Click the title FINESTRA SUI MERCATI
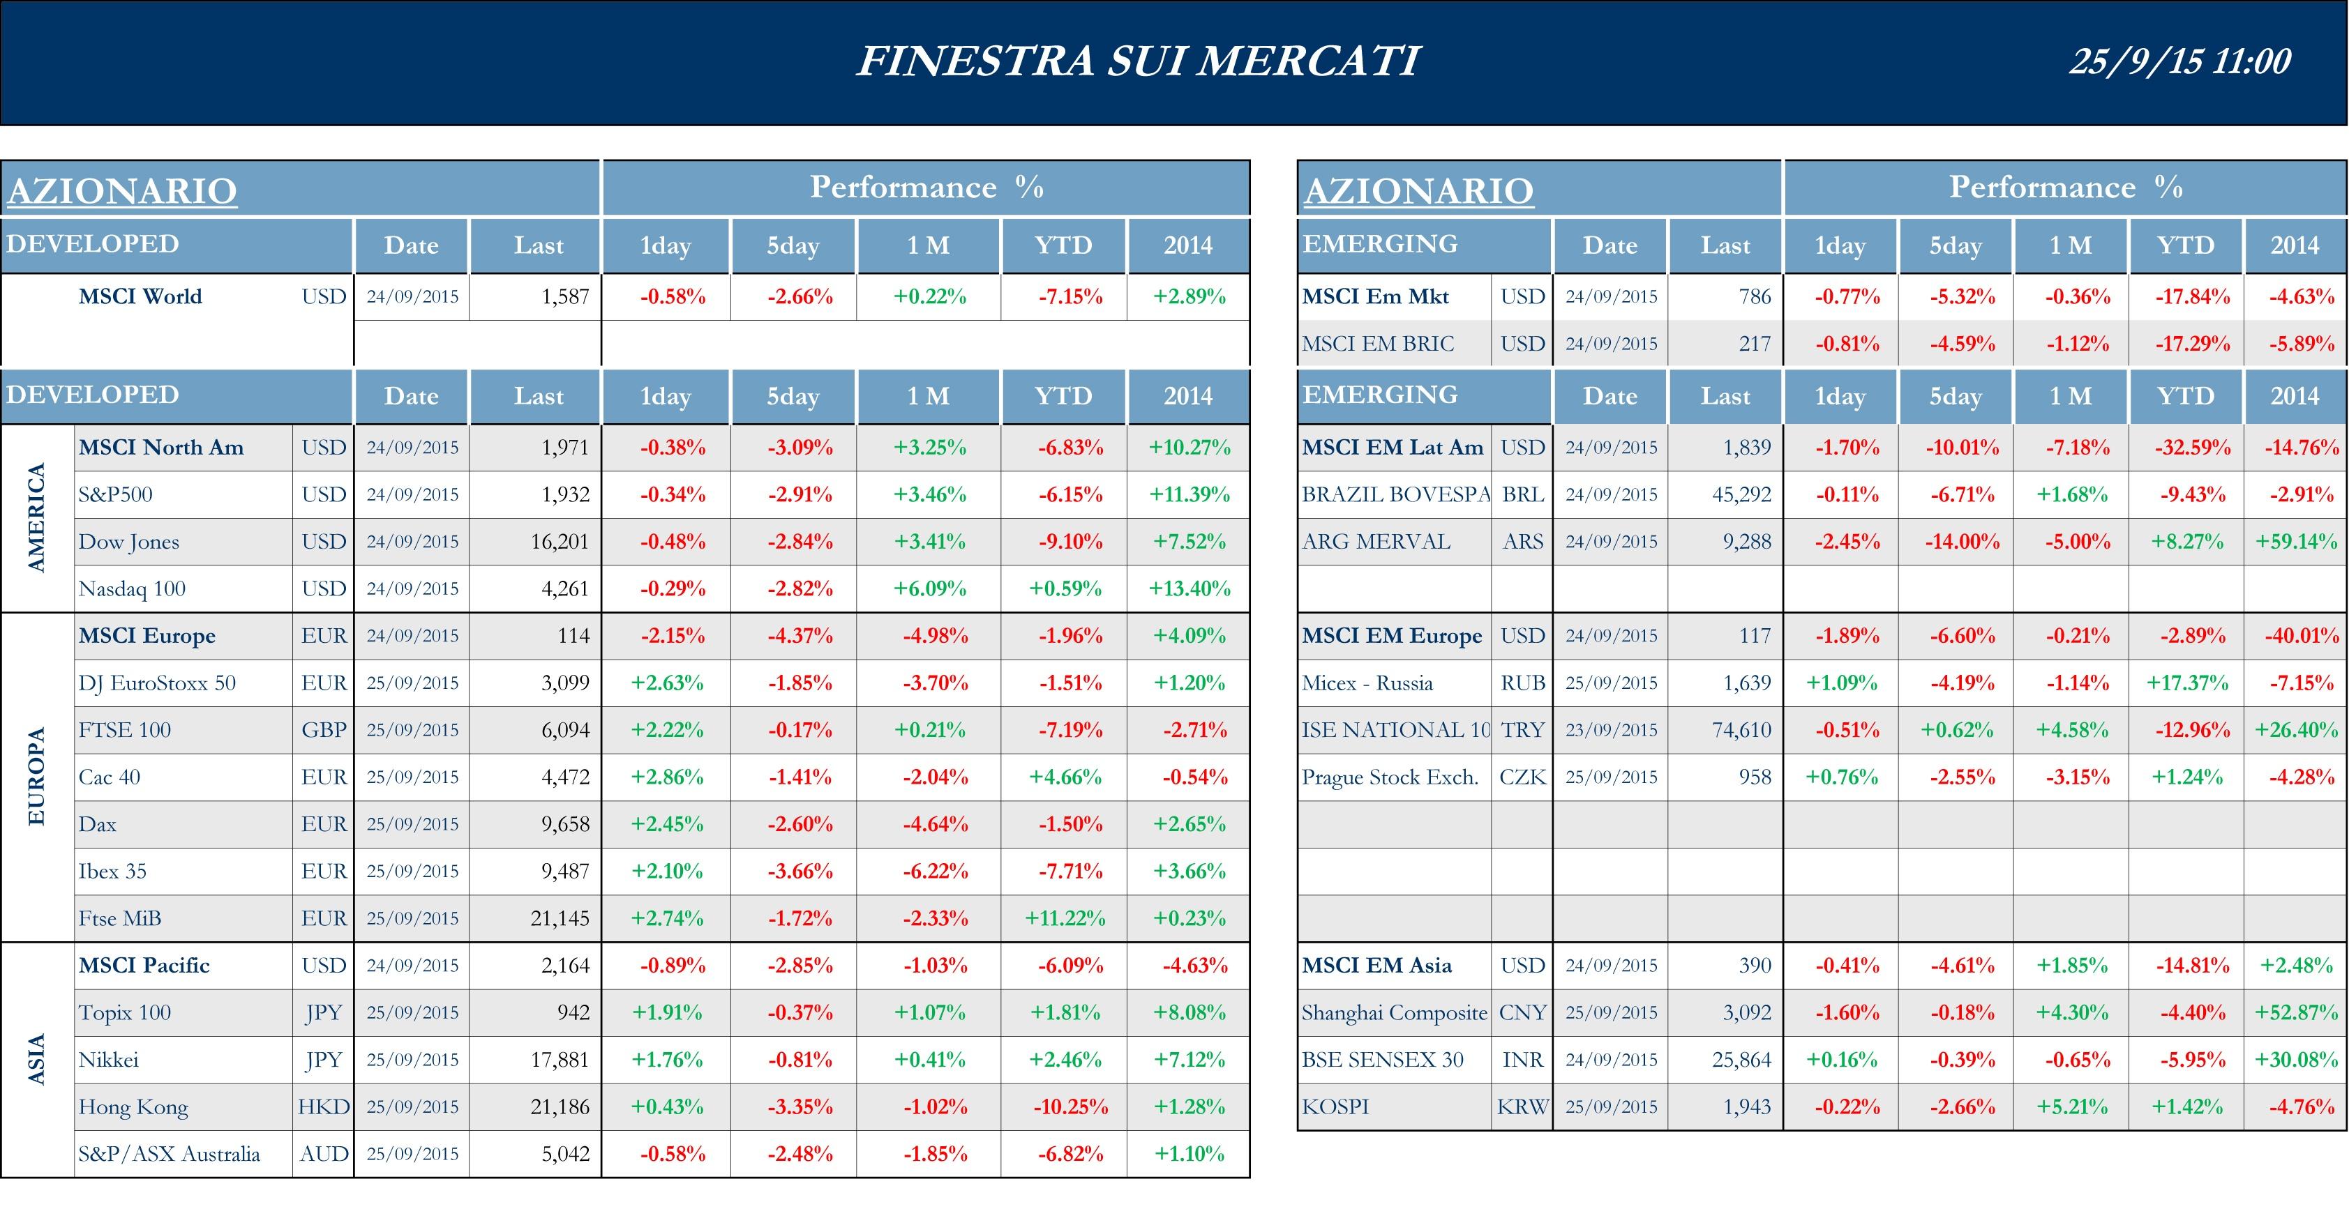pos(1137,61)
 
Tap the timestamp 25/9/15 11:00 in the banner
pos(2179,61)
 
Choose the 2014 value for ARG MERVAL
pos(2295,542)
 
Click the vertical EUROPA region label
pos(36,777)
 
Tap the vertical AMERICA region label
pos(36,518)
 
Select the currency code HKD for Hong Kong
pos(324,1107)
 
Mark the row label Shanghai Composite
pos(1393,1012)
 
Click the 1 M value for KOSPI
pos(2072,1107)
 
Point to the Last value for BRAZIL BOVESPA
pos(1741,495)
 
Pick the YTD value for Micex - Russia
pos(2186,683)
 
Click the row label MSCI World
pos(140,296)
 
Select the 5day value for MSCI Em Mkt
pos(1961,296)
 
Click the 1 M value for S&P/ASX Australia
pos(935,1154)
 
